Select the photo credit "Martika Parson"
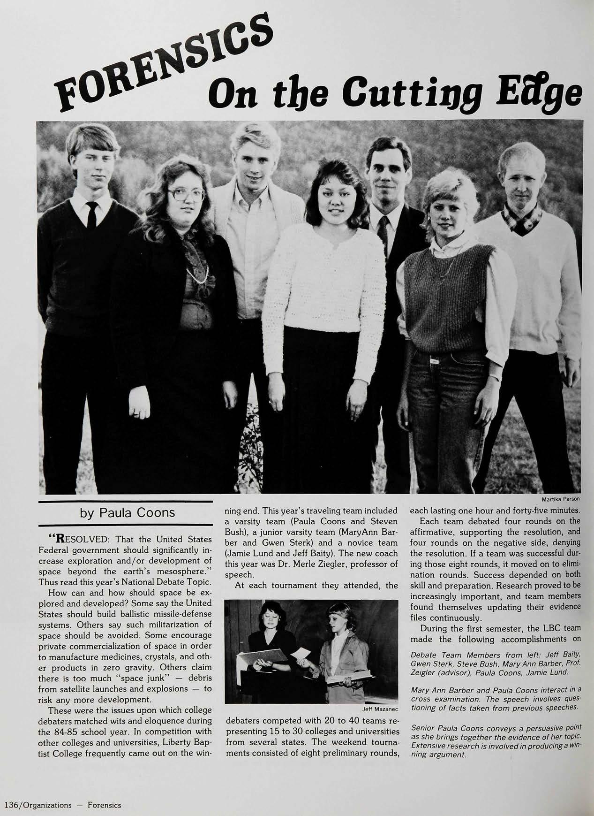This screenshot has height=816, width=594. pyautogui.click(x=561, y=499)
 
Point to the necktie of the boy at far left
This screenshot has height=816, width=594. pyautogui.click(x=92, y=214)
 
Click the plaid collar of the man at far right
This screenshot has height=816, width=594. pyautogui.click(x=522, y=219)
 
